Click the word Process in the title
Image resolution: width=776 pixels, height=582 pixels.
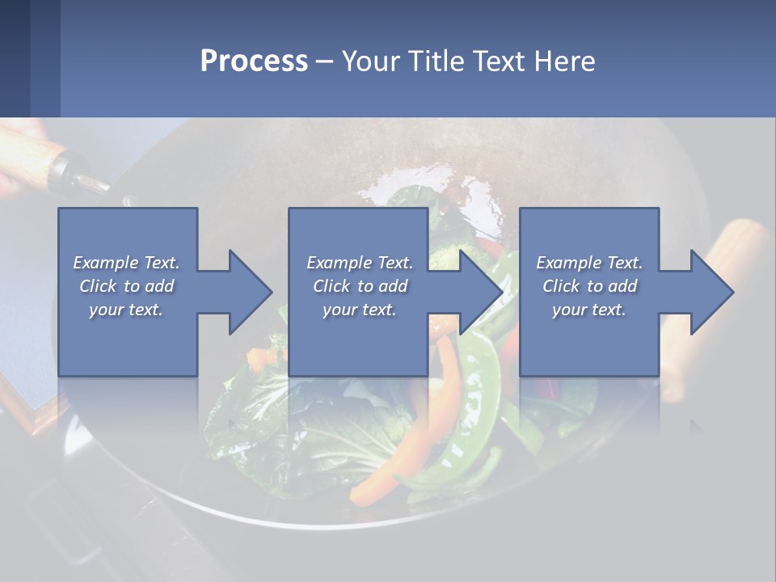(x=254, y=61)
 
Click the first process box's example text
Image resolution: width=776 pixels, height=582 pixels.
(x=126, y=286)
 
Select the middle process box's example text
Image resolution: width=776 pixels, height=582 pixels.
(x=360, y=286)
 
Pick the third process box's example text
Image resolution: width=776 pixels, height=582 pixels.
(x=589, y=286)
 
